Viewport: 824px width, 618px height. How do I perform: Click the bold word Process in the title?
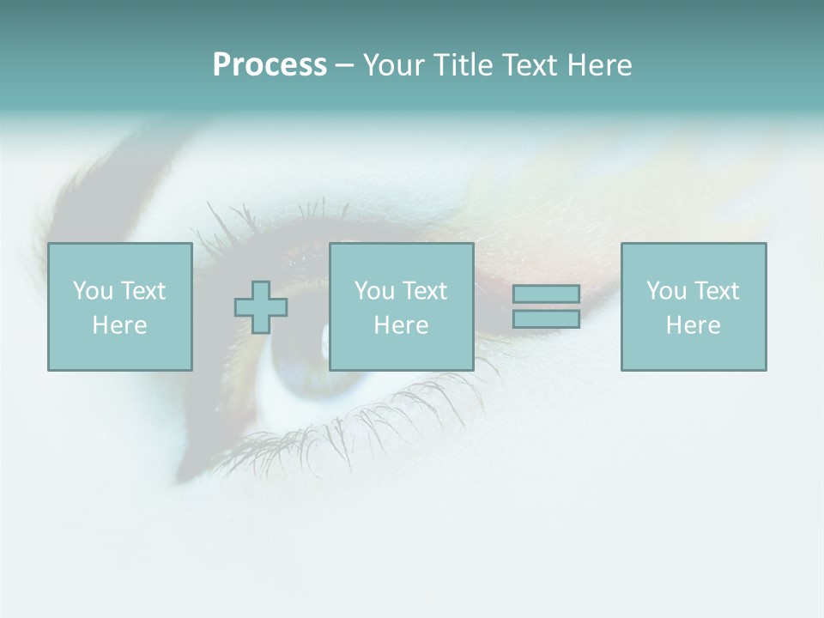pyautogui.click(x=270, y=65)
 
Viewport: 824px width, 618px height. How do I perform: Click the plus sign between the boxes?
pyautogui.click(x=261, y=307)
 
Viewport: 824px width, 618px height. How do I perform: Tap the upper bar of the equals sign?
pyautogui.click(x=546, y=294)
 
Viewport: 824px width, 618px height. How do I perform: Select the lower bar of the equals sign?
pyautogui.click(x=546, y=319)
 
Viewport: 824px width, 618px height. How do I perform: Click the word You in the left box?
pyautogui.click(x=92, y=291)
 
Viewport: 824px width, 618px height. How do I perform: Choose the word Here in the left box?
pyautogui.click(x=119, y=325)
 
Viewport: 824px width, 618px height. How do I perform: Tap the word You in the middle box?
pyautogui.click(x=373, y=291)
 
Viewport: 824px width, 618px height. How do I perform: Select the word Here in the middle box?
pyautogui.click(x=401, y=325)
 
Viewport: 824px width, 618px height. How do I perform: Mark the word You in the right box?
pyautogui.click(x=665, y=291)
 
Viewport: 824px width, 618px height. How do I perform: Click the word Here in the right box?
pyautogui.click(x=693, y=325)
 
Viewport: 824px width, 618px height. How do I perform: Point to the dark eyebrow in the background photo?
pyautogui.click(x=112, y=172)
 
